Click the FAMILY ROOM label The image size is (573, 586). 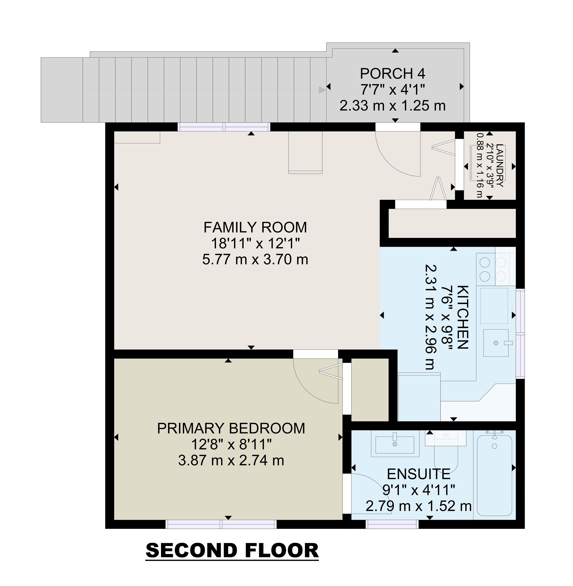(255, 227)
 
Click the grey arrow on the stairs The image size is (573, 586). (322, 90)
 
